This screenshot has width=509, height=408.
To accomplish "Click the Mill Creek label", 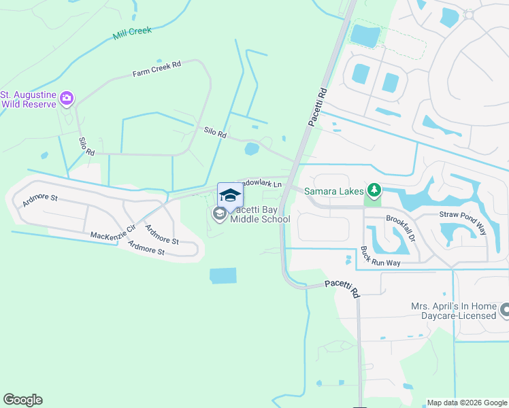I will point(132,32).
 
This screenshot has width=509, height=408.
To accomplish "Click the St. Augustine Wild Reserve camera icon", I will point(66,99).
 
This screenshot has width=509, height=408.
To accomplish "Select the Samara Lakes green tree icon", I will point(372,190).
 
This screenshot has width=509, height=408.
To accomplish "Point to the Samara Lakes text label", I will point(334,190).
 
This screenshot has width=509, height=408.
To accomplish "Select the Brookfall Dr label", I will point(399,227).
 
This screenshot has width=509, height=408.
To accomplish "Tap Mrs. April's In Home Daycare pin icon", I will point(504,311).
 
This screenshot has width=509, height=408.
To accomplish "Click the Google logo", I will point(22,400).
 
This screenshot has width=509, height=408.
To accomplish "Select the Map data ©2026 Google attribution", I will point(467,403).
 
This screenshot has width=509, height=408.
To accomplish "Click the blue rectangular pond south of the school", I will point(223,275).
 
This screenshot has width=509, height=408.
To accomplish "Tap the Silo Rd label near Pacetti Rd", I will point(215,133).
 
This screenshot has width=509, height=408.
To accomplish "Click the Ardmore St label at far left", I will point(40,201).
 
